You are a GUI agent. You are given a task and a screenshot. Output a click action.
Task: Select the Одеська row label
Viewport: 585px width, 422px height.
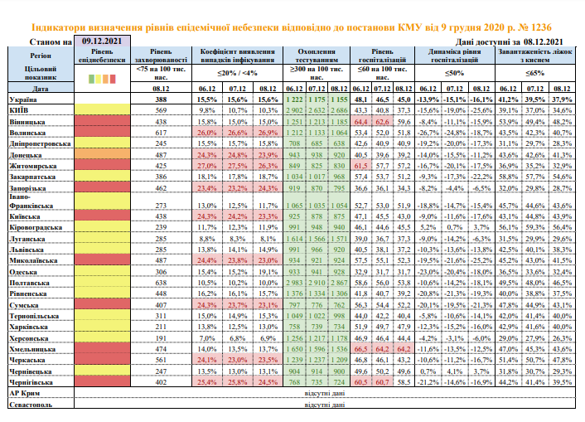pos(24,271)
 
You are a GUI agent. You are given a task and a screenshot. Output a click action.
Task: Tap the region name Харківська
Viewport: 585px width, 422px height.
pos(30,327)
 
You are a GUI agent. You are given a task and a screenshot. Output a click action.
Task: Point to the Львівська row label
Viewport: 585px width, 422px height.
pos(27,248)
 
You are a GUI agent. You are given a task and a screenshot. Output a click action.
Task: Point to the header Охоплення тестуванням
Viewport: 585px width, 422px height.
pos(310,55)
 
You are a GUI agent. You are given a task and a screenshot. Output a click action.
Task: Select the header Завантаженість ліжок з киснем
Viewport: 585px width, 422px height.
pos(534,55)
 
